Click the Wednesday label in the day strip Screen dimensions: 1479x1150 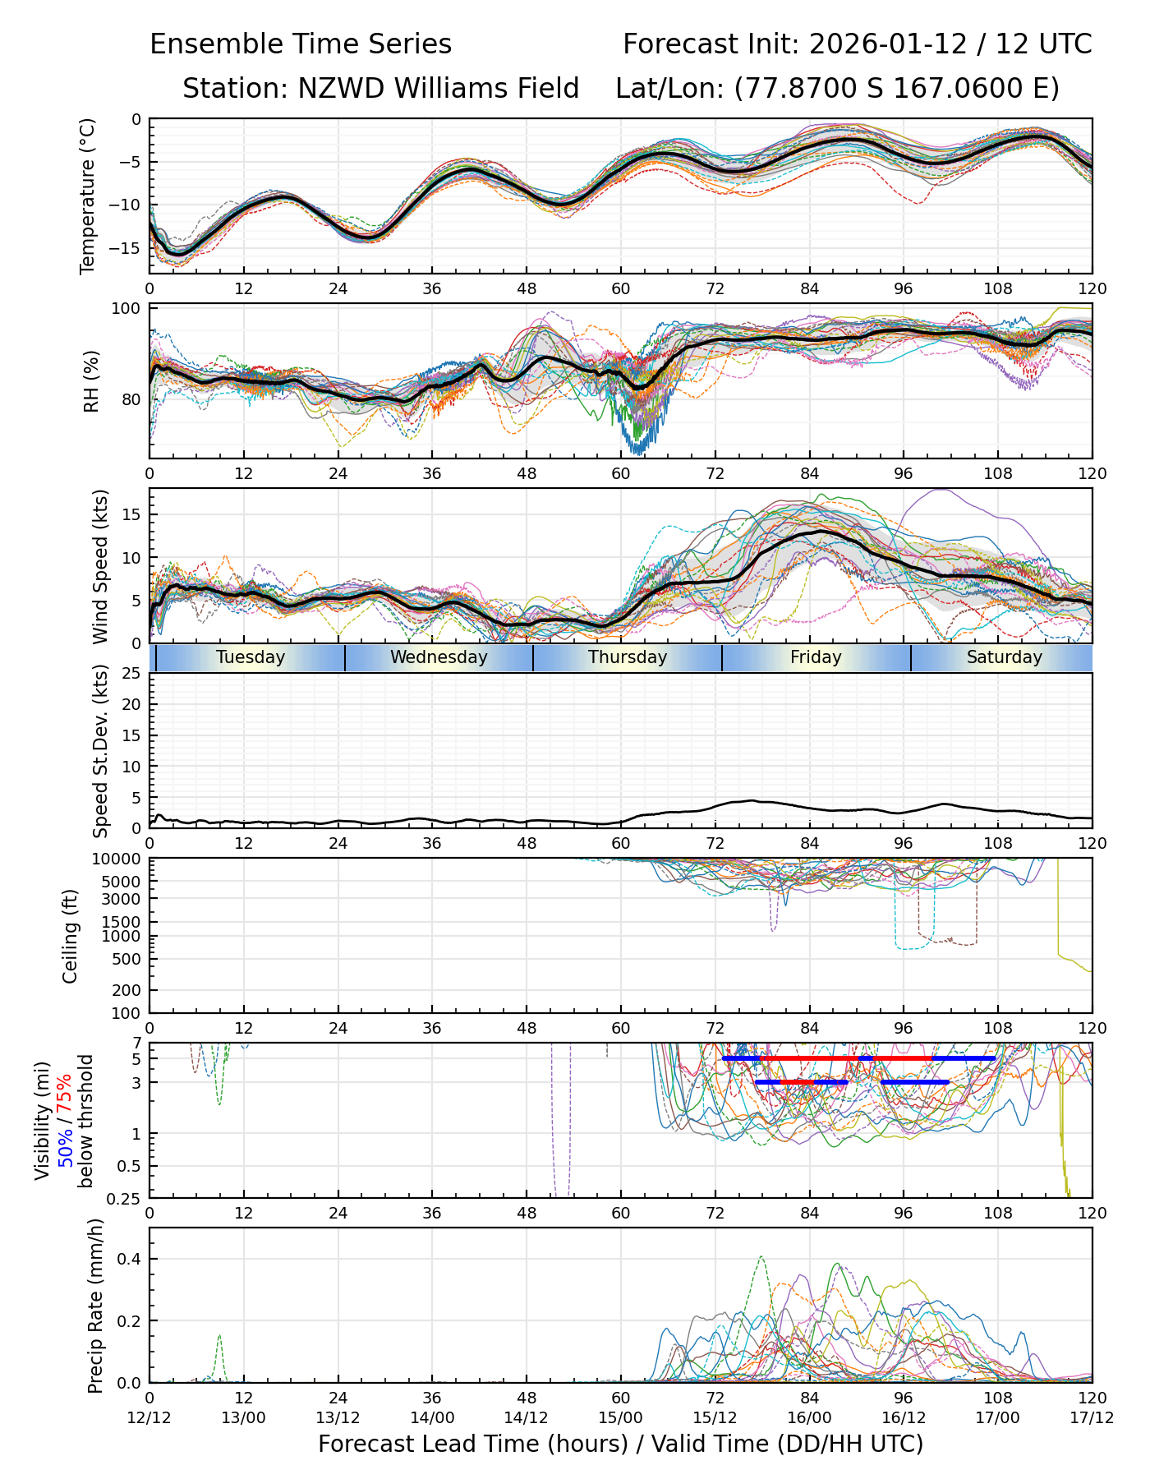pos(439,657)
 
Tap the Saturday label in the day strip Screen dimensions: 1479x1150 pos(1004,657)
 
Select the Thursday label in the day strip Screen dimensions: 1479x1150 pos(628,657)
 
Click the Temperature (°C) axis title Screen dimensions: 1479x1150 pos(88,196)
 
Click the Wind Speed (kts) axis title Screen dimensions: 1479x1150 pos(100,566)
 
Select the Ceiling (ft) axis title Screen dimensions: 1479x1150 pos(71,936)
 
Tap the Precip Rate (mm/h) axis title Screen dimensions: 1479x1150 pos(95,1306)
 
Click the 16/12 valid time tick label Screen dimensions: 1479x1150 pos(904,1417)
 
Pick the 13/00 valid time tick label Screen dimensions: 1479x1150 pos(244,1417)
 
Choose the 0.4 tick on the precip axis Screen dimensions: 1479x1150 pos(130,1260)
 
